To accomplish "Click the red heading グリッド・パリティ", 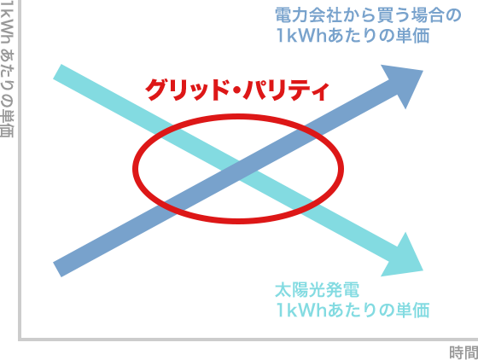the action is [237, 90].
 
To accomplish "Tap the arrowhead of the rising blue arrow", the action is [405, 82].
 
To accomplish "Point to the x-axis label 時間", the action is [463, 352].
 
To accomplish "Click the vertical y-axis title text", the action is [7, 69].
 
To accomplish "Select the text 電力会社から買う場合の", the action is [368, 15].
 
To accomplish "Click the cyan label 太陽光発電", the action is [317, 290].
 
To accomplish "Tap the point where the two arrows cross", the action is [238, 171].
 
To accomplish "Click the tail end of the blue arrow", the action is [57, 270].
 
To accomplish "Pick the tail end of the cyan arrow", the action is [57, 72].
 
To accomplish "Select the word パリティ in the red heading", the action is [287, 90].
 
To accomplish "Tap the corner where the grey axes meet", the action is [20, 339].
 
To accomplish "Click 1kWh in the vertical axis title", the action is [7, 23].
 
